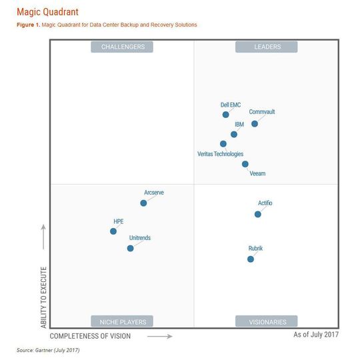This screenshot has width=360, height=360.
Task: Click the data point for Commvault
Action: pyautogui.click(x=255, y=123)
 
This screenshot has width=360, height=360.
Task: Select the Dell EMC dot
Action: pyautogui.click(x=226, y=115)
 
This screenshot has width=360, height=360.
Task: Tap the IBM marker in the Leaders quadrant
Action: pyautogui.click(x=234, y=134)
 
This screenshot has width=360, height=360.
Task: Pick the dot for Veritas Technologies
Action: pyautogui.click(x=223, y=143)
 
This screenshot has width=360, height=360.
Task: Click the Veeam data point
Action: pyautogui.click(x=245, y=163)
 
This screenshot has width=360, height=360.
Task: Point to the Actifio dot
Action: pyautogui.click(x=258, y=214)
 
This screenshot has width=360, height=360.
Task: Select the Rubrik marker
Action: pyautogui.click(x=251, y=259)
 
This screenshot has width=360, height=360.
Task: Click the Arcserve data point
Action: pyautogui.click(x=143, y=203)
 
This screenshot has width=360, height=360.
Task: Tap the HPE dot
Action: pyautogui.click(x=113, y=231)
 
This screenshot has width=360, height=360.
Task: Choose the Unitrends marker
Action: pyautogui.click(x=130, y=248)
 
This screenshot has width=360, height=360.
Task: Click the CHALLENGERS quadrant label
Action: pyautogui.click(x=123, y=47)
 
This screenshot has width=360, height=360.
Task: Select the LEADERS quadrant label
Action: pyautogui.click(x=267, y=47)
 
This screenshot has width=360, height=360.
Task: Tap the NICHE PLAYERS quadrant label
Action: pyautogui.click(x=123, y=321)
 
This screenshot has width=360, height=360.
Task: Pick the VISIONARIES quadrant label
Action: pyautogui.click(x=265, y=321)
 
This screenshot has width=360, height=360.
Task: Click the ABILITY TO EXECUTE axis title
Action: pyautogui.click(x=44, y=297)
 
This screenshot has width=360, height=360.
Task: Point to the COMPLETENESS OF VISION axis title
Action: pyautogui.click(x=90, y=336)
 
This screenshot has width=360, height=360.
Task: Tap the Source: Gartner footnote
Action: pyautogui.click(x=48, y=350)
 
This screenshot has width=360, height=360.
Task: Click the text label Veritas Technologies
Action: pyautogui.click(x=220, y=154)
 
